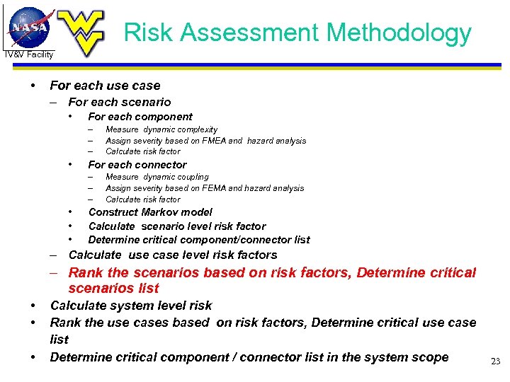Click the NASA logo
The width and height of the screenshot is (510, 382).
coord(30,27)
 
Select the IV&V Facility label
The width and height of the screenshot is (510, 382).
coord(28,54)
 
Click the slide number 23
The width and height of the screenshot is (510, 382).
coord(495,361)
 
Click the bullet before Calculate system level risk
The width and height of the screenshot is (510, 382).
coord(33,306)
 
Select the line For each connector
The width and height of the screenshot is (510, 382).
coord(137,165)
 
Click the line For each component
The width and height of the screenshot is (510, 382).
coord(140,117)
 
